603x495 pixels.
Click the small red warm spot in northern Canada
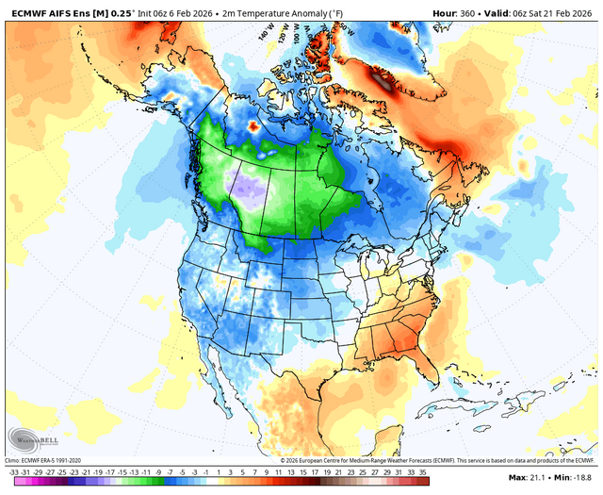pyautogui.click(x=253, y=124)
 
